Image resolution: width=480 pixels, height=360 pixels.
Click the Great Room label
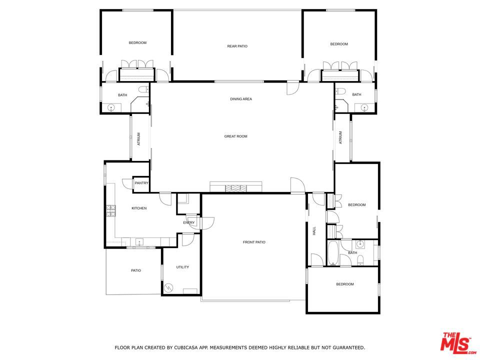235,136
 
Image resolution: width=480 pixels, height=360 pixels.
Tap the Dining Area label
241,99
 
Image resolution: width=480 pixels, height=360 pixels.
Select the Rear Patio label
237,46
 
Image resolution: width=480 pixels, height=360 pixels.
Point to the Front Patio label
254,242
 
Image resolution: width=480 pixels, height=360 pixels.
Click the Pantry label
141,183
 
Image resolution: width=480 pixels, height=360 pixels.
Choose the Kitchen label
139,208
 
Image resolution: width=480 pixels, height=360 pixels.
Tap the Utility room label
182,267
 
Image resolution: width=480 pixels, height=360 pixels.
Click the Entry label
188,222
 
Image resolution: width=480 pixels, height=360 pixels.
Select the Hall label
314,231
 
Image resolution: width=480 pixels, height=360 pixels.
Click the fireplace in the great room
235,188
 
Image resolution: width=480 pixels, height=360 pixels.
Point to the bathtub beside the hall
333,253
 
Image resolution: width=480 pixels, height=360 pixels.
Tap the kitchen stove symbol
110,211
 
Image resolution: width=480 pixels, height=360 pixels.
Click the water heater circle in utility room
169,287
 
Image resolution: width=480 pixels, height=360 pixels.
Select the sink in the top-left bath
110,107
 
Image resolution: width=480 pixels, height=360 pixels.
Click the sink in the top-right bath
364,107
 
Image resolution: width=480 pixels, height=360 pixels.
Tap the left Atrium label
139,138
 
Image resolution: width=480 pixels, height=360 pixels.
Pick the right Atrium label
340,137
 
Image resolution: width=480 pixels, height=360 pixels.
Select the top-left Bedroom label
137,42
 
